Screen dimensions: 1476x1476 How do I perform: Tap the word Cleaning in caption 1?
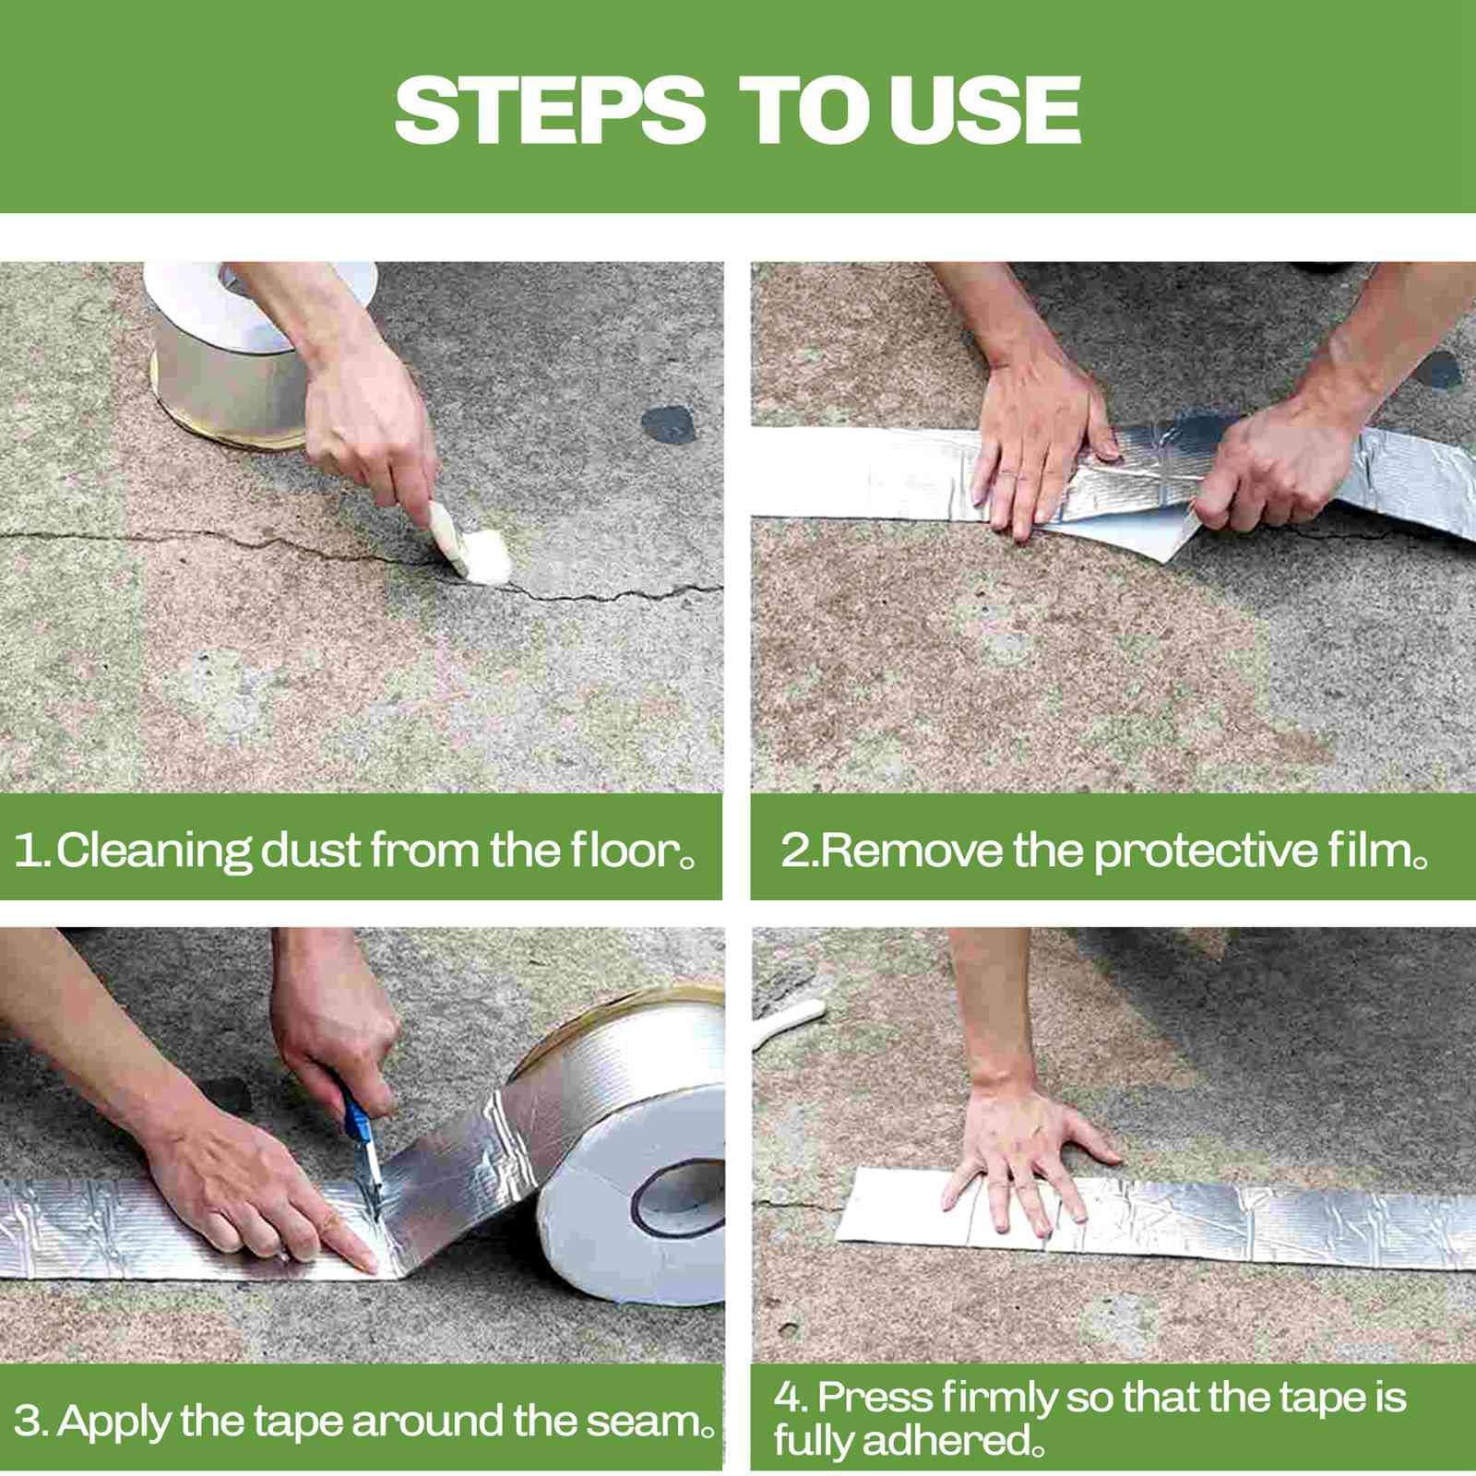154,851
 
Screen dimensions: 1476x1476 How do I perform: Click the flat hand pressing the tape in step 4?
1024,1153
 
